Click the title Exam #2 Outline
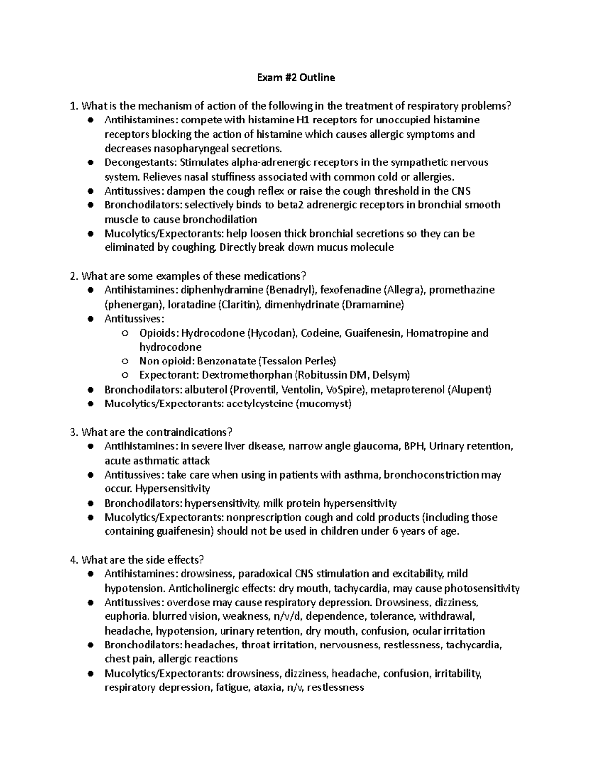click(x=296, y=77)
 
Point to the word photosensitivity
click(x=482, y=588)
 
